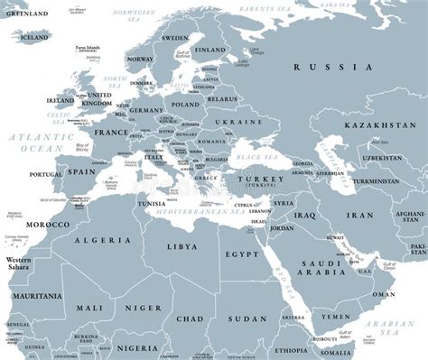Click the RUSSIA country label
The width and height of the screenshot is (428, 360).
click(x=332, y=68)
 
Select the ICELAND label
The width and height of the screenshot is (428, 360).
click(x=35, y=38)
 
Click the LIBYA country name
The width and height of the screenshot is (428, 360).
click(x=181, y=245)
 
